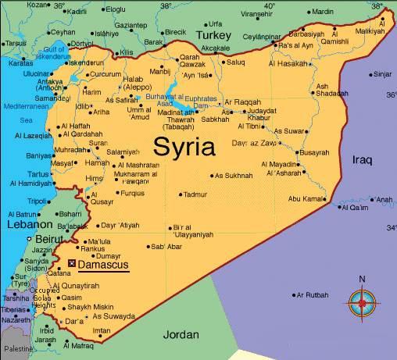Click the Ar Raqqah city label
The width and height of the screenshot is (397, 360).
pos(241,102)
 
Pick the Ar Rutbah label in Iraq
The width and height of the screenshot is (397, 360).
pos(314,295)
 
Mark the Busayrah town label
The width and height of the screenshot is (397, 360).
pos(313,152)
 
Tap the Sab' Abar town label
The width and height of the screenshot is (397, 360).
pos(166,247)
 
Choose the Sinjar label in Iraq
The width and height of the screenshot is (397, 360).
pos(381,75)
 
